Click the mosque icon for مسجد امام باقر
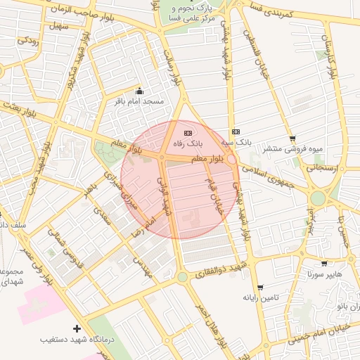click(x=139, y=91)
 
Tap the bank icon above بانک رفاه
click(x=188, y=132)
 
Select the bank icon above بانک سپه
click(x=236, y=131)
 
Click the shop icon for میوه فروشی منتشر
click(x=292, y=139)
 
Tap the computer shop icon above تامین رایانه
click(x=261, y=288)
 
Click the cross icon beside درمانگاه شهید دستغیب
click(x=77, y=328)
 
